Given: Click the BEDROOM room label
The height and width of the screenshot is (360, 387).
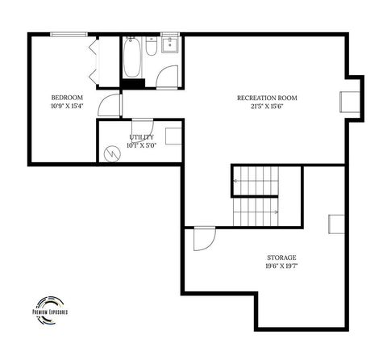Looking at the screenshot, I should [66, 98].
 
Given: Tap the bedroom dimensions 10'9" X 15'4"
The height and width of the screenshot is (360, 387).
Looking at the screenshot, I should [66, 106].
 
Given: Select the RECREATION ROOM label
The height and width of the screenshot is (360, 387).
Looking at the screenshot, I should [267, 98].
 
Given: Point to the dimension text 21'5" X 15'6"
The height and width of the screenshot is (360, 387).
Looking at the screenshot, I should [267, 106].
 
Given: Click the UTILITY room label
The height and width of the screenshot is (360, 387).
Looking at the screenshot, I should [142, 137].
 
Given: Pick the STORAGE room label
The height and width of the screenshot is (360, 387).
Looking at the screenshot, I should [282, 257].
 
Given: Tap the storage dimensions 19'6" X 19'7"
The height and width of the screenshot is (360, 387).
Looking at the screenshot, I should [282, 265].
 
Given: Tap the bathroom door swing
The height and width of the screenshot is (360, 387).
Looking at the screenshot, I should [168, 75].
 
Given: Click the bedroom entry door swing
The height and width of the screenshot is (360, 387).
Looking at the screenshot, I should [108, 105].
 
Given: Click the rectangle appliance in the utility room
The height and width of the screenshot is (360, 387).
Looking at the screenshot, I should [173, 136].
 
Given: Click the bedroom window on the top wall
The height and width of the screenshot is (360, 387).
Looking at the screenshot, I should [68, 34].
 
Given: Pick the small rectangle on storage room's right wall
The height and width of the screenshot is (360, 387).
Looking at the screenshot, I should [336, 225].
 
